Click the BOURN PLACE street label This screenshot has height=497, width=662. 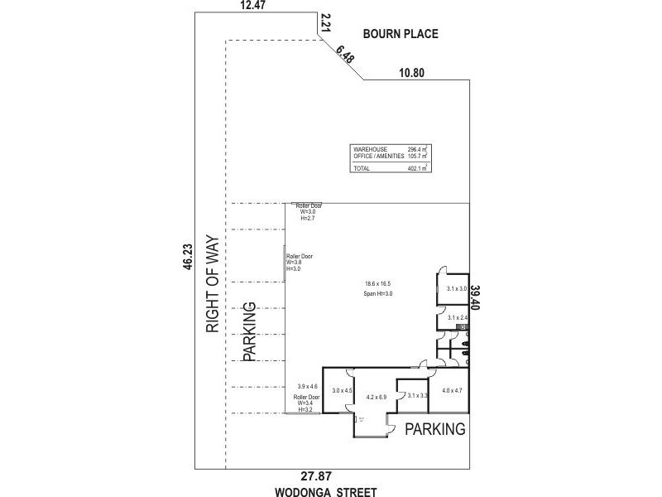(x=401, y=34)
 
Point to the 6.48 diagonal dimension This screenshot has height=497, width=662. (x=345, y=55)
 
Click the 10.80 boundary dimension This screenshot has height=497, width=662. (x=411, y=73)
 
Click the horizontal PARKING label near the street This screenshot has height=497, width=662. (x=434, y=429)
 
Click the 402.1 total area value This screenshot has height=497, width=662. (x=416, y=168)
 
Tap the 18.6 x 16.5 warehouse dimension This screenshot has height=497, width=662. (x=377, y=283)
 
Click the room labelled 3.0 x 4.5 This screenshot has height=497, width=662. (x=342, y=390)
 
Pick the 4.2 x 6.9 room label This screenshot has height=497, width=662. (x=377, y=398)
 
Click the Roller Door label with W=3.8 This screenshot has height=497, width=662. (x=300, y=263)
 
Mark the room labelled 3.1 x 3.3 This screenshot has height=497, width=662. (x=417, y=396)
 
